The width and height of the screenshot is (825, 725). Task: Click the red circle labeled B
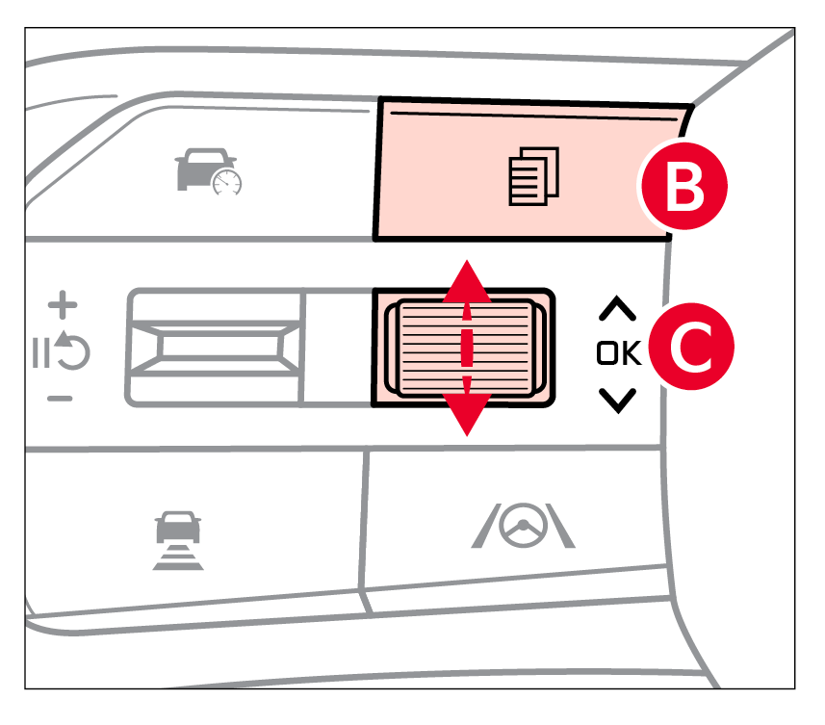pyautogui.click(x=684, y=187)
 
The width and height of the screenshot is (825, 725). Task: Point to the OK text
pyautogui.click(x=617, y=353)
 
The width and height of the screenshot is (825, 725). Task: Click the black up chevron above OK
pyautogui.click(x=617, y=309)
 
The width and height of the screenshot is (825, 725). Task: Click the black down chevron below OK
pyautogui.click(x=617, y=400)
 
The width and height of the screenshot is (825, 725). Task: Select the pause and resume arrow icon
pyautogui.click(x=64, y=352)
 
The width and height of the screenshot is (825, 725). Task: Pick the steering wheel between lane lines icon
pyautogui.click(x=524, y=527)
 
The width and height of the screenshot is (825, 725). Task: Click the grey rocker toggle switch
pyautogui.click(x=217, y=347)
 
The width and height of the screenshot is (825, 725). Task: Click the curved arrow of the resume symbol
pyautogui.click(x=73, y=352)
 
